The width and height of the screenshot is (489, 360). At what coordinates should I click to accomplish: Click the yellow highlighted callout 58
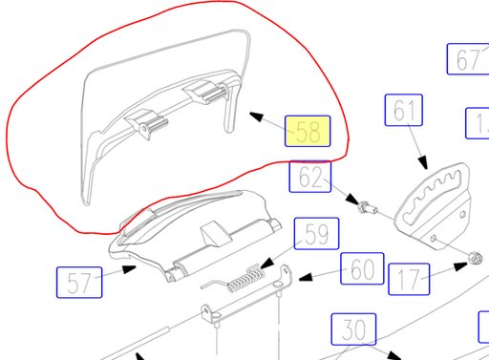[x=308, y=133]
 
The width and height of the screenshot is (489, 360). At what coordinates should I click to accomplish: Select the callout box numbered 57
[x=78, y=284]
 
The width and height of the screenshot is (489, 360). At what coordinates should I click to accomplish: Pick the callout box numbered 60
[x=362, y=270]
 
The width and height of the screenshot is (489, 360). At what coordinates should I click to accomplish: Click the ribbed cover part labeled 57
[x=196, y=234]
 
